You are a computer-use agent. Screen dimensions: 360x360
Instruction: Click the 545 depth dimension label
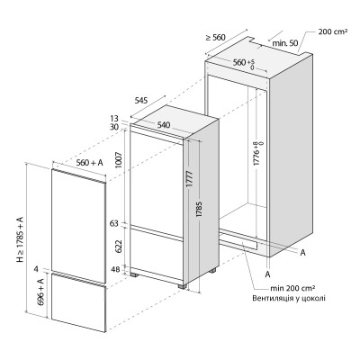click(x=141, y=101)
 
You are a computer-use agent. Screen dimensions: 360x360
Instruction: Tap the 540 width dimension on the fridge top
click(x=164, y=125)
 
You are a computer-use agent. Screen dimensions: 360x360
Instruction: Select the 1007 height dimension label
click(x=119, y=160)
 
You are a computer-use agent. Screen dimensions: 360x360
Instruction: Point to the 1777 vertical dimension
click(x=190, y=179)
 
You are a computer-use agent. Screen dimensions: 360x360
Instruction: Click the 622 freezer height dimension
click(x=119, y=246)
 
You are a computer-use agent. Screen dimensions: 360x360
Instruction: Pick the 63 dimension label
click(x=114, y=223)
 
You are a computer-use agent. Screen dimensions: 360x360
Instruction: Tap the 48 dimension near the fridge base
click(x=115, y=269)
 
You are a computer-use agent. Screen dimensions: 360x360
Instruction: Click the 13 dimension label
click(x=114, y=119)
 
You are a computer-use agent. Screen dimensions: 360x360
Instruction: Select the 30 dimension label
click(x=114, y=127)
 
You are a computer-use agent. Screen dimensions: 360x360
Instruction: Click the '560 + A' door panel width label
click(x=89, y=163)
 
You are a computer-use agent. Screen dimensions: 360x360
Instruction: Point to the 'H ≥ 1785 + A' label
click(x=20, y=239)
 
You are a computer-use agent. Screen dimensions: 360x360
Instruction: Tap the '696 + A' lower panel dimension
click(x=40, y=292)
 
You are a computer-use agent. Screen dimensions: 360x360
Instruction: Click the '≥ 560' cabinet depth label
click(x=215, y=38)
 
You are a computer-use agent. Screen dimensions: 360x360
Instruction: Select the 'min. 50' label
click(x=285, y=43)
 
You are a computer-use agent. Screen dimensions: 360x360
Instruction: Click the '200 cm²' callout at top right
click(x=333, y=31)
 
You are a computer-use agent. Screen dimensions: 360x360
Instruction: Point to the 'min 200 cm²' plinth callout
click(x=292, y=288)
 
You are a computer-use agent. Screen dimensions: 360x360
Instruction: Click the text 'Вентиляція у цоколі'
click(x=289, y=299)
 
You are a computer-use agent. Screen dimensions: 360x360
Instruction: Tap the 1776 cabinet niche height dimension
click(x=258, y=154)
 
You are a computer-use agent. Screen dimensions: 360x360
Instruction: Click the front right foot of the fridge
click(x=182, y=286)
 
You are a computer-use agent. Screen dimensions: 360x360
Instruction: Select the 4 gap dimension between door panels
click(x=36, y=269)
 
